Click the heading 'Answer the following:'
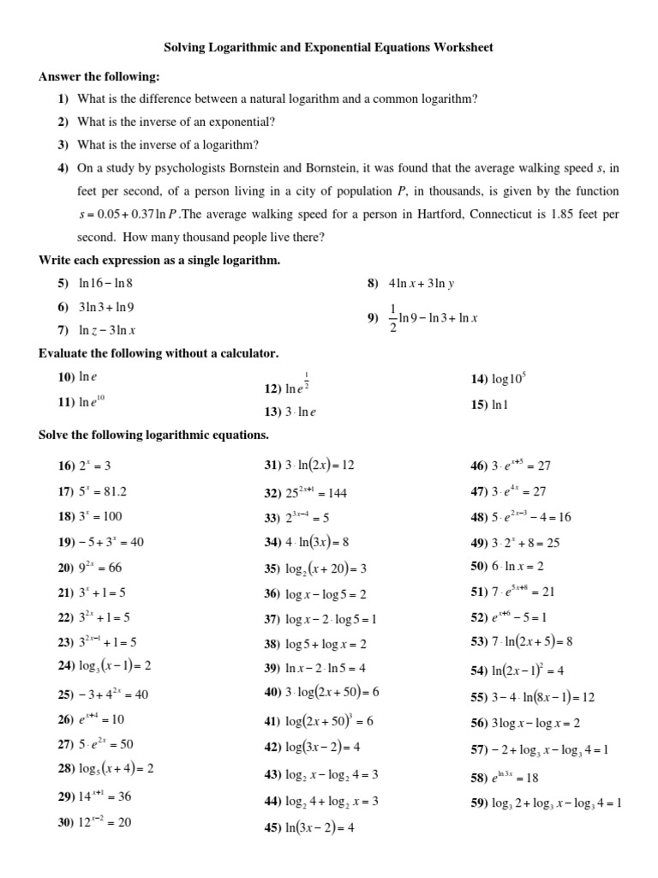[x=99, y=77]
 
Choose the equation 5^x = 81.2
[x=102, y=492]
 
